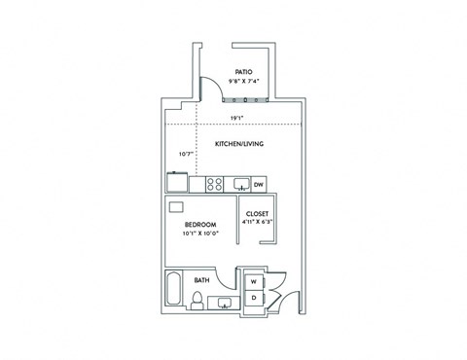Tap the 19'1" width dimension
coord(236,118)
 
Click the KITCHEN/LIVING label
coord(239,145)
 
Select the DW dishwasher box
coord(259,184)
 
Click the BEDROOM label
coord(198,224)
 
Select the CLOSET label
coord(257,213)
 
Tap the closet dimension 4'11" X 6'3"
coord(257,222)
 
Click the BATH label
coord(201,280)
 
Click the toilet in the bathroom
coord(197,303)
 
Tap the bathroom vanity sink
coord(225,302)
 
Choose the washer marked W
coord(254,281)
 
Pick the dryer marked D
coord(254,297)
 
